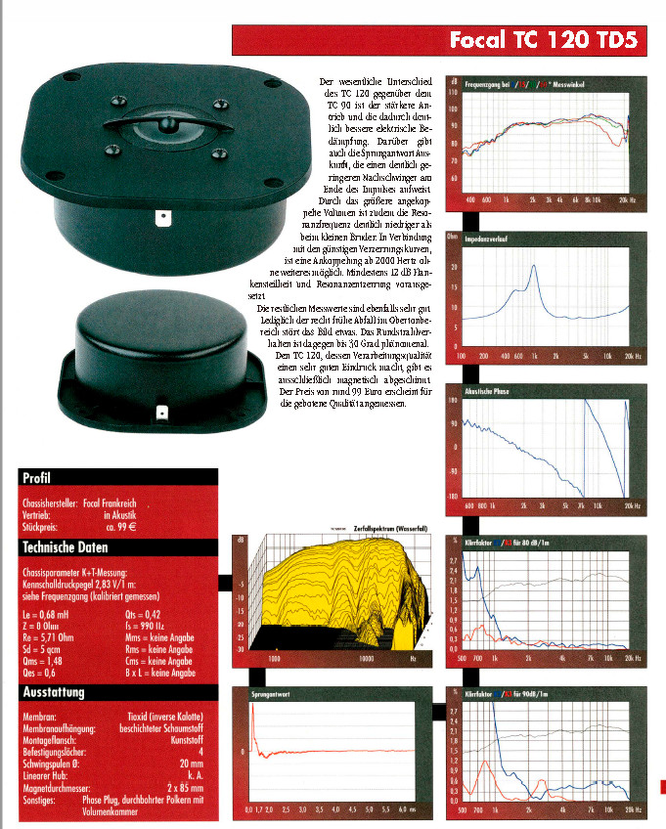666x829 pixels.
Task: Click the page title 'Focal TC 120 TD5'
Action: pos(543,40)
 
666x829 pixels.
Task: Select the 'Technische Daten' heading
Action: pos(66,547)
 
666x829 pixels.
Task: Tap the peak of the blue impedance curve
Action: pos(535,266)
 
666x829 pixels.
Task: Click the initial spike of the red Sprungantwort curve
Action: pos(252,710)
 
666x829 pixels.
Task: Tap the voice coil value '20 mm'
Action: pos(191,764)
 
